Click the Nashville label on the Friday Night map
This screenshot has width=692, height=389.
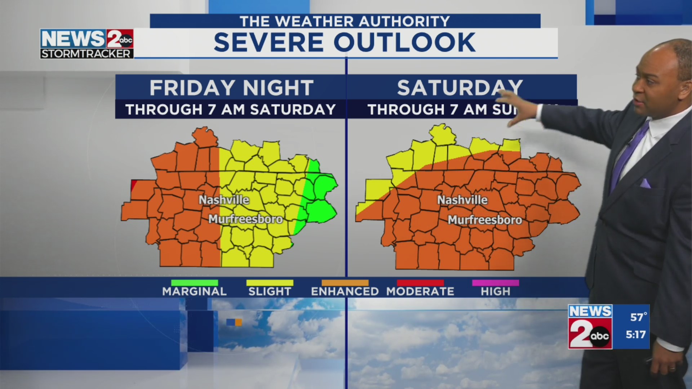(224, 200)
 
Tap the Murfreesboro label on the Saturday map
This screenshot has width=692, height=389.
(485, 220)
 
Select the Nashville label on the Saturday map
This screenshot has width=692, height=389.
(462, 200)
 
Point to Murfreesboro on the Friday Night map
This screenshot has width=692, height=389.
(245, 219)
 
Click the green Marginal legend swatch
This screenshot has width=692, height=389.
(194, 283)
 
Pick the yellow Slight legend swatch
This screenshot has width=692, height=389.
(270, 283)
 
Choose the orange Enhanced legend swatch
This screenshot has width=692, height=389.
(345, 283)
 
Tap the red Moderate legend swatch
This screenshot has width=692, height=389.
(420, 283)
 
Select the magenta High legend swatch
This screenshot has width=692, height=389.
(496, 283)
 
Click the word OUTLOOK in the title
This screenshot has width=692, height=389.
(404, 43)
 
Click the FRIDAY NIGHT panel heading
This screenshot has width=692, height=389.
(231, 88)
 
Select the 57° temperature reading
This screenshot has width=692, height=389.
(638, 317)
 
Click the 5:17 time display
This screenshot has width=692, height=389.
(635, 335)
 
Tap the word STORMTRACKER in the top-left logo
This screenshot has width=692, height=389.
(86, 54)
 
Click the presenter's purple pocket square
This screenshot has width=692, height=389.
(645, 183)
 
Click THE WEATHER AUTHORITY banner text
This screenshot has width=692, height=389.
(345, 22)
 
